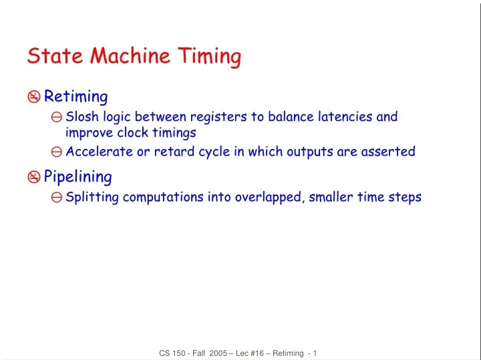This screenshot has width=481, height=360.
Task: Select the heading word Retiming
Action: click(x=75, y=97)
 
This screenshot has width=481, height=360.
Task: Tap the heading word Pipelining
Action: click(x=77, y=177)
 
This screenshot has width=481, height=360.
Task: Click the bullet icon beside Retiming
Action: click(x=34, y=98)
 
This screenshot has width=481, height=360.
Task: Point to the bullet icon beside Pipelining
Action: click(x=34, y=178)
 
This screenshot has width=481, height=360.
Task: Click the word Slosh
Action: click(x=82, y=118)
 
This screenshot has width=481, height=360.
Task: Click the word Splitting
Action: click(x=92, y=198)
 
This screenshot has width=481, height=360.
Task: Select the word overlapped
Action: click(x=269, y=198)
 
